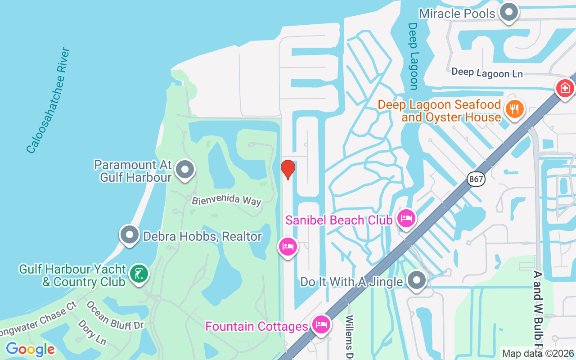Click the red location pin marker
(x=288, y=169)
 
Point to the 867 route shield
(x=475, y=179)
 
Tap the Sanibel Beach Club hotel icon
(x=406, y=219)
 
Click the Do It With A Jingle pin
(x=417, y=280)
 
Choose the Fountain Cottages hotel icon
(x=321, y=324)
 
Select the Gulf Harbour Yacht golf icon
(x=139, y=274)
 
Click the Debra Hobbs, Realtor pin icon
(x=130, y=234)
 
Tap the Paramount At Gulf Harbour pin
(x=184, y=170)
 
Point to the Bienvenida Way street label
(x=226, y=200)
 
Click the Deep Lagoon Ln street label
(x=487, y=72)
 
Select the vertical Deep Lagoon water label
(x=413, y=56)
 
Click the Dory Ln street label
(x=92, y=332)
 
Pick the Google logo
(x=30, y=349)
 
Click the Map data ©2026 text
(x=538, y=353)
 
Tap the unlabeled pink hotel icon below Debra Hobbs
(x=288, y=246)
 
